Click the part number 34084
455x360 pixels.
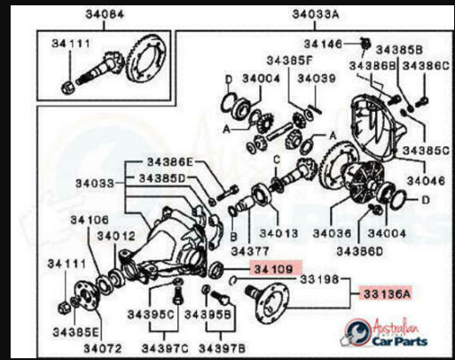[x=105, y=14]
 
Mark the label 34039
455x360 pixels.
[x=316, y=79]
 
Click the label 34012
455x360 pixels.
[x=115, y=236]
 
